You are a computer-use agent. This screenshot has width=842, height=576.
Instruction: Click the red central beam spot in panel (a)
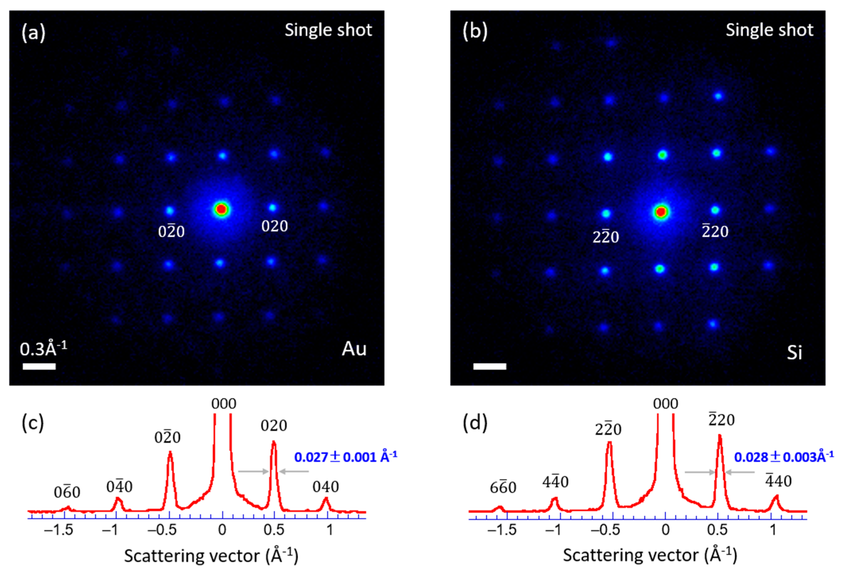click(221, 209)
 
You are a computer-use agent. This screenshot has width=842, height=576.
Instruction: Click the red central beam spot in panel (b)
click(661, 212)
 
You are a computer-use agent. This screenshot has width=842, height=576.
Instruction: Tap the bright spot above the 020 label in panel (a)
click(273, 208)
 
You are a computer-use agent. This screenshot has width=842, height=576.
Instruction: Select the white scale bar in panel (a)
click(39, 366)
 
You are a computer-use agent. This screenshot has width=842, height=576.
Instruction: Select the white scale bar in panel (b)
click(490, 366)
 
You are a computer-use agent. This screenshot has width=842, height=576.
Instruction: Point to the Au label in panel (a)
click(354, 349)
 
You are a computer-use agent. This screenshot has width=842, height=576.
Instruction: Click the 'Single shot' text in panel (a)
click(328, 30)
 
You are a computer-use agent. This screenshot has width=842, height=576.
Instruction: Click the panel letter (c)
click(33, 422)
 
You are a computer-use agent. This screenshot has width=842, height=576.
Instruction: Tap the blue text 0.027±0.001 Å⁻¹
click(346, 457)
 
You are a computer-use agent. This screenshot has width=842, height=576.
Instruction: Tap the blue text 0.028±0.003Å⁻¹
click(784, 457)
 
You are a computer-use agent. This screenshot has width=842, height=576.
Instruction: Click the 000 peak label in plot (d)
click(666, 404)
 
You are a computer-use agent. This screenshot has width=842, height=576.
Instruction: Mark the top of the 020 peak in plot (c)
click(274, 442)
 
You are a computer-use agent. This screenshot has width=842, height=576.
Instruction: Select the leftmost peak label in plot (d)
click(503, 488)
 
